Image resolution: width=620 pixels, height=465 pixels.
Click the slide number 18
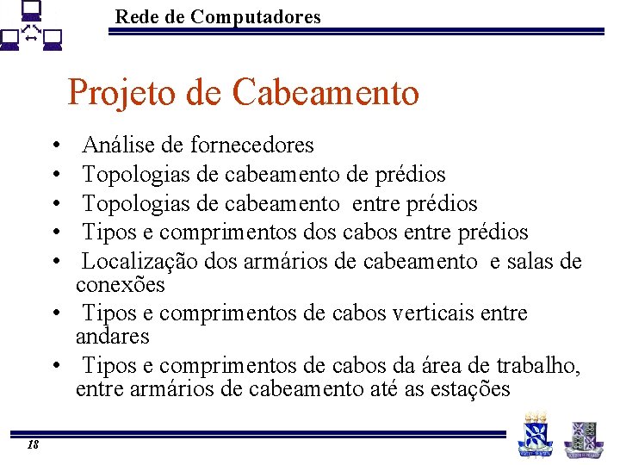pyautogui.click(x=33, y=444)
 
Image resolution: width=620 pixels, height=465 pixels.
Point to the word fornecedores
pyautogui.click(x=252, y=145)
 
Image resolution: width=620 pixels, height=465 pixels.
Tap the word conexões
pyautogui.click(x=120, y=284)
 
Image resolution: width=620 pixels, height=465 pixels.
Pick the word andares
pyautogui.click(x=112, y=336)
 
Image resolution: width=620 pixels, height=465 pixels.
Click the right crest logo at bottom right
pyautogui.click(x=583, y=436)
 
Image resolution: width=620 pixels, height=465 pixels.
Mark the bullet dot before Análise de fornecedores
pyautogui.click(x=54, y=145)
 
